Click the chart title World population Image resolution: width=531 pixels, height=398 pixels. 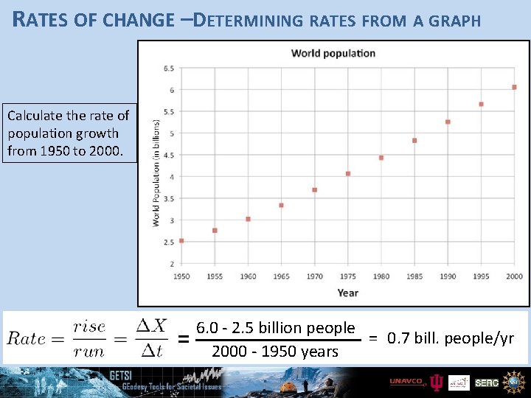click(333, 53)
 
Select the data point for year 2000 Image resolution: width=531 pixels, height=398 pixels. click(514, 87)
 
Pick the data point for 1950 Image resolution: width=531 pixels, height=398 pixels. click(181, 240)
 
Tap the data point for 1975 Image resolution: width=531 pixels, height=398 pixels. click(348, 174)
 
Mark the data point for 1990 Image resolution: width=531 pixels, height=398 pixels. click(448, 122)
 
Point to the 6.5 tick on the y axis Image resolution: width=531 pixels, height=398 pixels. click(168, 69)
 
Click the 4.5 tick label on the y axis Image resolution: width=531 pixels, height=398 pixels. click(168, 156)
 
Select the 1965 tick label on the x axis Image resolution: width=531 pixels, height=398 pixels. click(281, 276)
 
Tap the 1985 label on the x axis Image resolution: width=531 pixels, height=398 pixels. click(414, 276)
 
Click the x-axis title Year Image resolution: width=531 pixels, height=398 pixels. click(347, 293)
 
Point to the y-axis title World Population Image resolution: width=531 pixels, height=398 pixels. click(156, 172)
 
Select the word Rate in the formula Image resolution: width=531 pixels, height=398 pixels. click(27, 338)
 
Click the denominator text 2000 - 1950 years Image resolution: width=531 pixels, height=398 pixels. click(274, 352)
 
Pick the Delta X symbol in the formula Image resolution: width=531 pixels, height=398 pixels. click(151, 326)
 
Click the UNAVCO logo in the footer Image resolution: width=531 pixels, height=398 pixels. click(406, 382)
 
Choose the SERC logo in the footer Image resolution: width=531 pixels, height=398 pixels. click(486, 382)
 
